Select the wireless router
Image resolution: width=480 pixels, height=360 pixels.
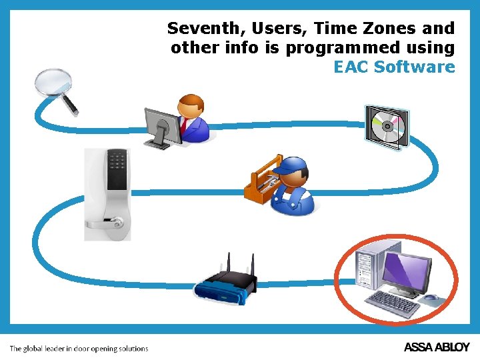coord(225,283)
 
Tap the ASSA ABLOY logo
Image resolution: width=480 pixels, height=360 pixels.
coord(437,347)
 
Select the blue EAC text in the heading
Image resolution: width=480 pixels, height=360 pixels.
coord(351,67)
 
